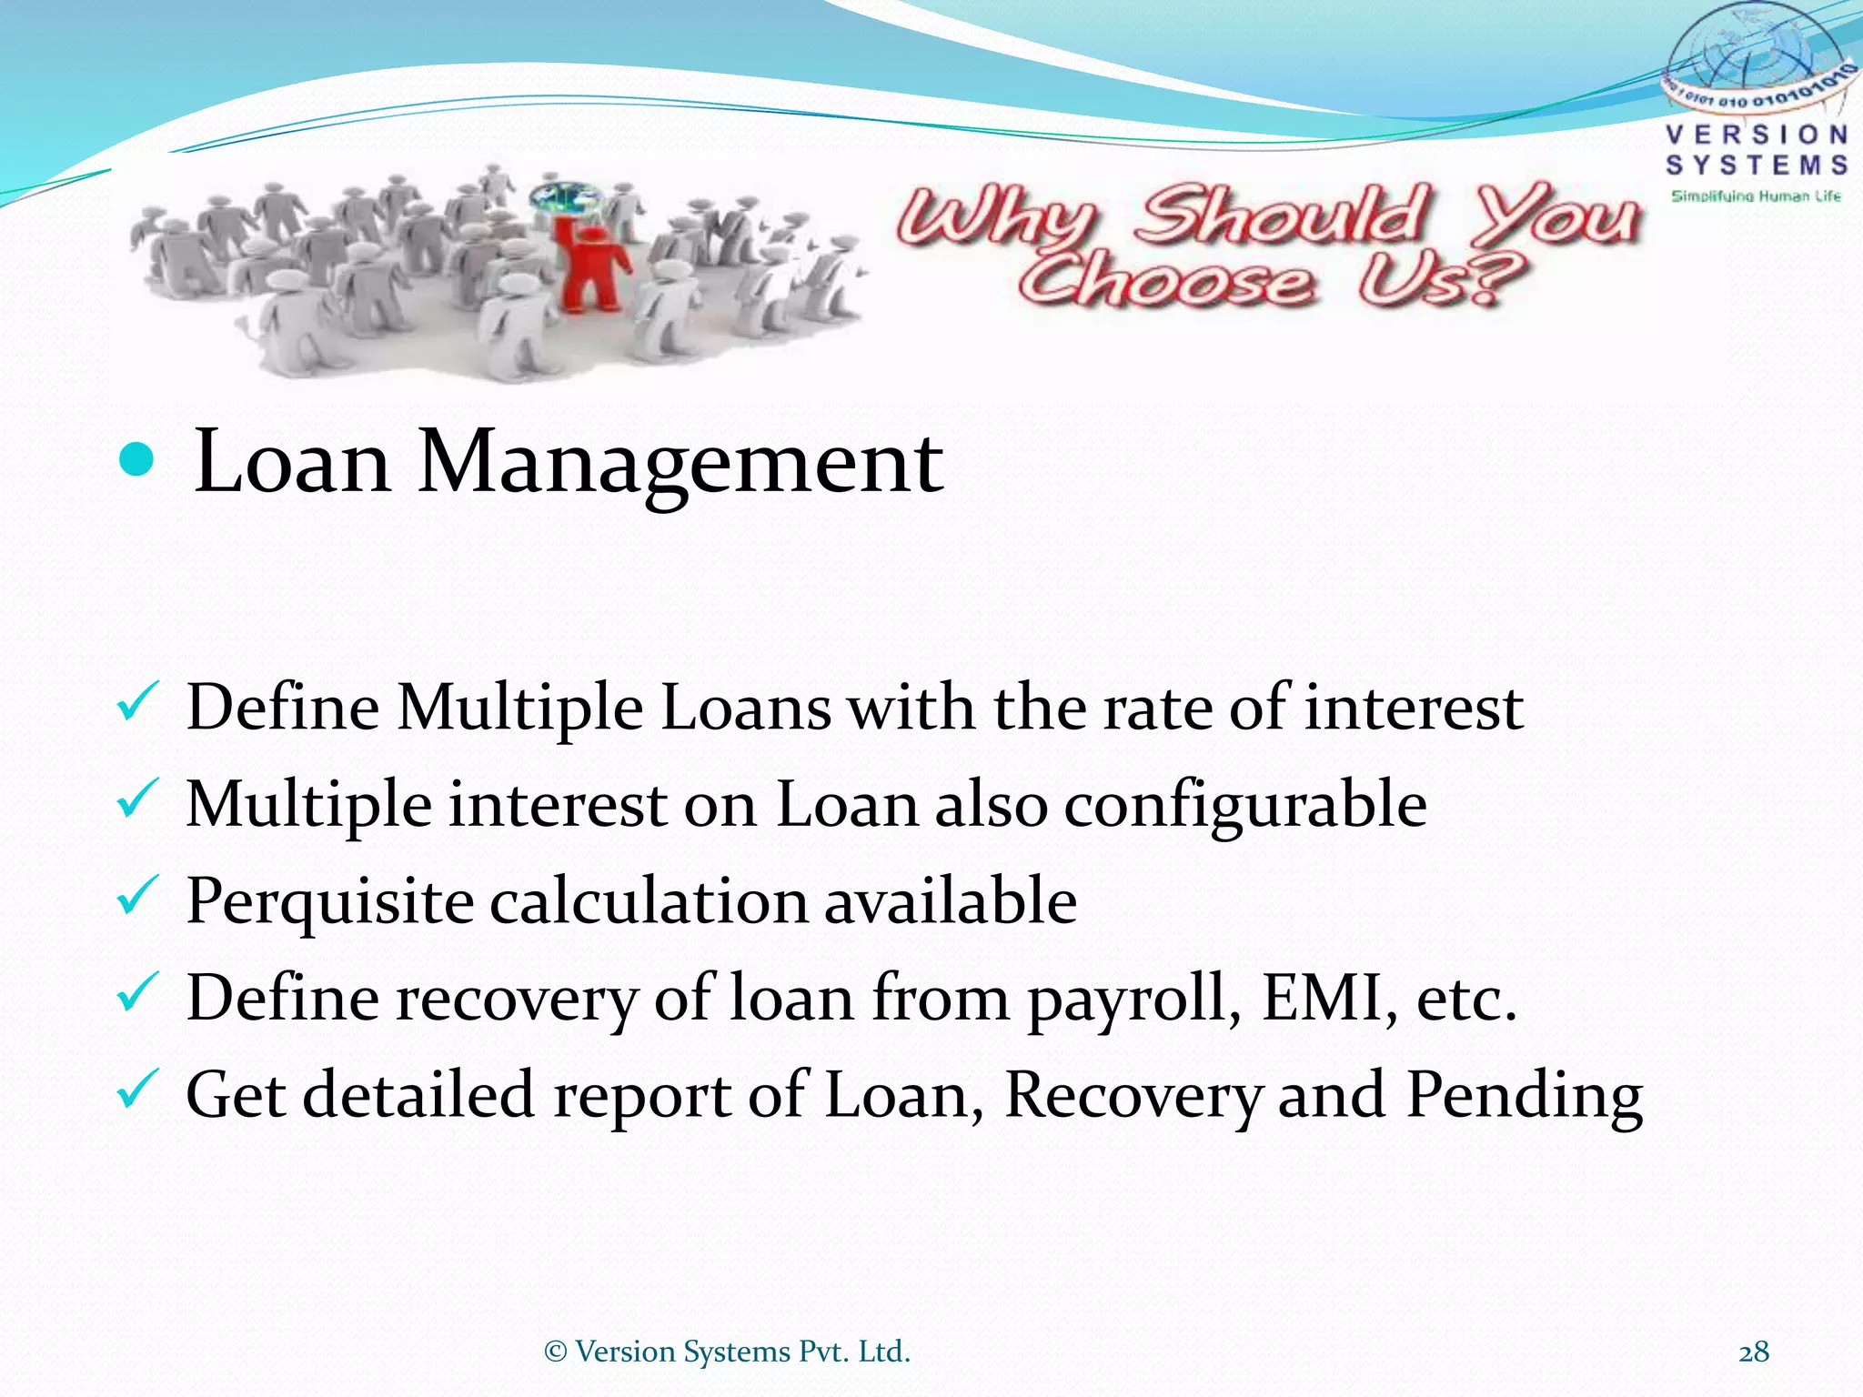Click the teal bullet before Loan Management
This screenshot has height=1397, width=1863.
tap(137, 460)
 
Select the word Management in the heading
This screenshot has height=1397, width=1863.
tap(680, 464)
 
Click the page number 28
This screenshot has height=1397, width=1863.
tap(1753, 1352)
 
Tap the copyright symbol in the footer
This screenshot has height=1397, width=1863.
tap(555, 1352)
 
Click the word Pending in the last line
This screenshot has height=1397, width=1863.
tap(1524, 1096)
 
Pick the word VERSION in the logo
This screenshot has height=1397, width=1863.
tap(1757, 136)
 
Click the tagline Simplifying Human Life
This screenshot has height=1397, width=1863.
tap(1756, 196)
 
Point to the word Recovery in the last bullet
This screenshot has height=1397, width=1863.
tap(1133, 1096)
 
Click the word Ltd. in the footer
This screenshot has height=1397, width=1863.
tap(884, 1352)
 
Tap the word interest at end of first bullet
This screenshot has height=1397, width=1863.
tap(1414, 709)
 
